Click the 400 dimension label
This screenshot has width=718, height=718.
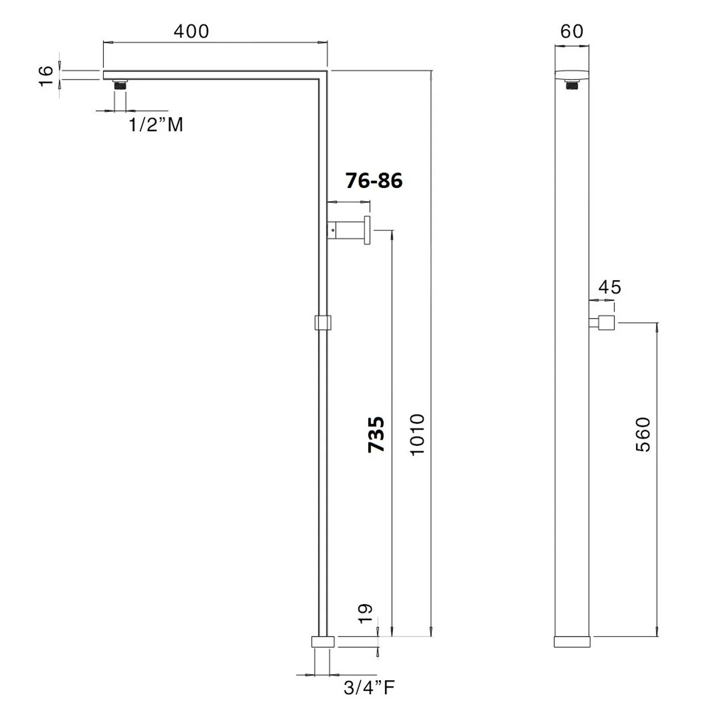(x=191, y=32)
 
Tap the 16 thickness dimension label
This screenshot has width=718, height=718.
(x=46, y=76)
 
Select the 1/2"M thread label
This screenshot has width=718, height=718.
(x=156, y=125)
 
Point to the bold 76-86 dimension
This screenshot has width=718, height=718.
(x=374, y=180)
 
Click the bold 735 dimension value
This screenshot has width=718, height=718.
(x=376, y=435)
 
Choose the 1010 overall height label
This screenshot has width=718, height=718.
(x=417, y=435)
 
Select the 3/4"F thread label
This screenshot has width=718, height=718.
(x=370, y=688)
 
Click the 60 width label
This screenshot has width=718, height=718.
(x=572, y=32)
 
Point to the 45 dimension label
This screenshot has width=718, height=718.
(x=610, y=287)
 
